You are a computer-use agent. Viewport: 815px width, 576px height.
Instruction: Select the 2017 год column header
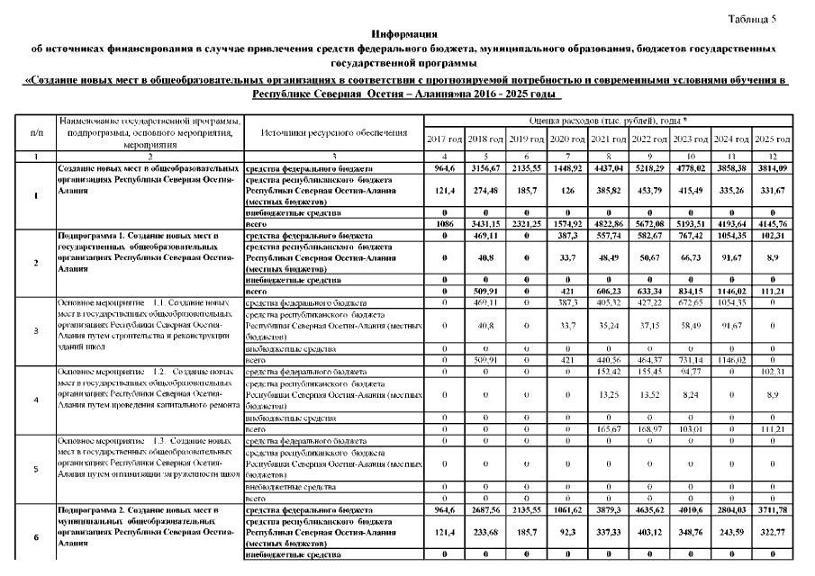(x=443, y=139)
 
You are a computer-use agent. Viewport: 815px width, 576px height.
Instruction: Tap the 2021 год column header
(x=608, y=139)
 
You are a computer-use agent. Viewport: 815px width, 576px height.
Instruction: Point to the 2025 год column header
(x=773, y=139)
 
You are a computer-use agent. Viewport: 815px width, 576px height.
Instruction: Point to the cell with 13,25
(x=608, y=392)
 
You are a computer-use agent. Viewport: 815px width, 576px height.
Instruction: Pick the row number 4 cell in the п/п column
(x=36, y=399)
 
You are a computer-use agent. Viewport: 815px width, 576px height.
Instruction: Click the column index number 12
(x=773, y=157)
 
